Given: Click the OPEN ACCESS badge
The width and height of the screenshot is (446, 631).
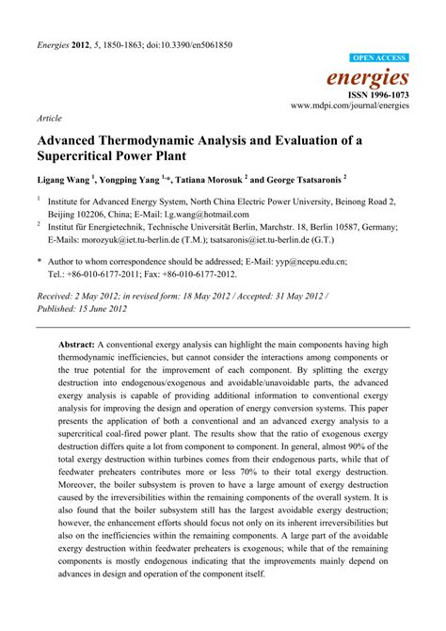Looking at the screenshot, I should coord(379,58).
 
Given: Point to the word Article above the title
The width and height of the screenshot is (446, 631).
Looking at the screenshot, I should coord(50,120).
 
